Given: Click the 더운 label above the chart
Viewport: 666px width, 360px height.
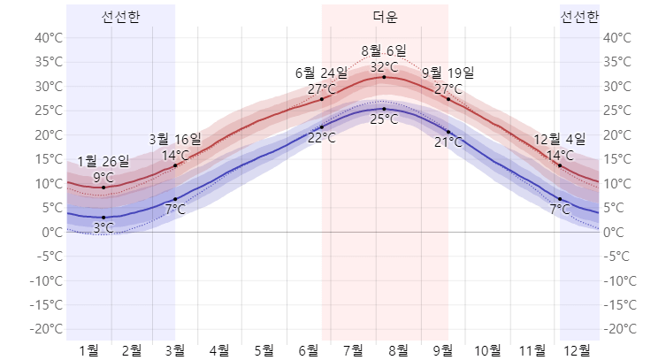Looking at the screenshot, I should [x=385, y=17].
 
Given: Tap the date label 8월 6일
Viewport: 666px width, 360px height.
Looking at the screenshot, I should [x=384, y=51].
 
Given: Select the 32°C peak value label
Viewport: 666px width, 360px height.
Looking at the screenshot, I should [x=384, y=66].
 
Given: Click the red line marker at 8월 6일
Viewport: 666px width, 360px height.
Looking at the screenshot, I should [x=384, y=77].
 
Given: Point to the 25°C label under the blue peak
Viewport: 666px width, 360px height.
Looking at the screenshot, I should [x=384, y=119].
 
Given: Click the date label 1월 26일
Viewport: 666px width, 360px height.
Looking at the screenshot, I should [x=103, y=161].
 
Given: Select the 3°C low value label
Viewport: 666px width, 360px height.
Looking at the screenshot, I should [x=103, y=227].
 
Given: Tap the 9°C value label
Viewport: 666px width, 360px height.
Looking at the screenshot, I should [x=103, y=177].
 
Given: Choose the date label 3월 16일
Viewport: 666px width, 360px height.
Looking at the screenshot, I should [x=175, y=139].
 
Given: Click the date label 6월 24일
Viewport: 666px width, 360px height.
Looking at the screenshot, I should [x=321, y=73].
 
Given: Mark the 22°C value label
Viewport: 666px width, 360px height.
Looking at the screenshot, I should [x=321, y=137].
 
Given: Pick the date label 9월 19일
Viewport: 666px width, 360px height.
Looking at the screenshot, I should [x=448, y=73].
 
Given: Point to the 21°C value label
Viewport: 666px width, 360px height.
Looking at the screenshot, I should [x=448, y=142].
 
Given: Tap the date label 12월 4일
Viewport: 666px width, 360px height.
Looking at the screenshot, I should [x=560, y=139].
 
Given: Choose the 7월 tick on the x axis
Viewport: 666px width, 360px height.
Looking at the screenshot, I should [x=352, y=349].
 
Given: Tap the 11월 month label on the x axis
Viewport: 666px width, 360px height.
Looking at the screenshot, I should [x=532, y=349].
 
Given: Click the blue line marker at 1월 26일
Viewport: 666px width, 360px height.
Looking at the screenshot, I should [x=103, y=218].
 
